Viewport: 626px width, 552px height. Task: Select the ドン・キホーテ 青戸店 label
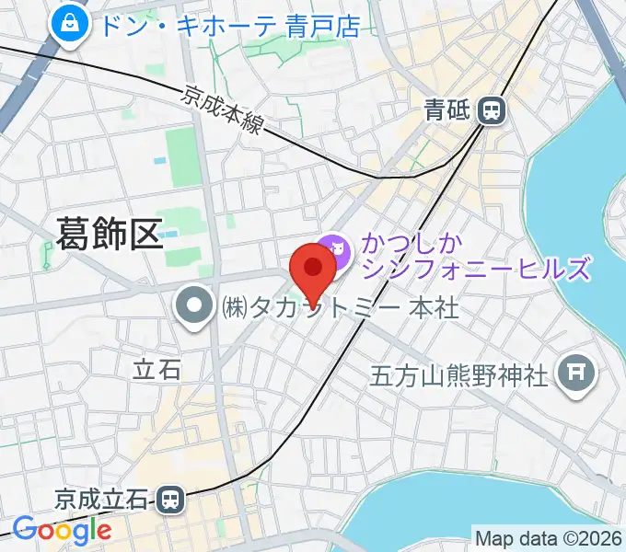coord(229,26)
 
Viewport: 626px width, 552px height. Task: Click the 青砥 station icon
coord(493,111)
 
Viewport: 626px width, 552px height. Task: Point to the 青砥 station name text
coord(447,111)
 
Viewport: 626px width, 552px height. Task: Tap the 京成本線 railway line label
coord(222,109)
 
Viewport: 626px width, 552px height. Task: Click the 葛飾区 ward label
coord(109,233)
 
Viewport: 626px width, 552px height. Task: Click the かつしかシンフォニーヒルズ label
coord(474,257)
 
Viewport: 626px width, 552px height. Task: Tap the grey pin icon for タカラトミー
coord(194,306)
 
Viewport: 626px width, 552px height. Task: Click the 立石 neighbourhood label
coord(156,370)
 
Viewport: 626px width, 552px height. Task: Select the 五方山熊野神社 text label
coord(459,374)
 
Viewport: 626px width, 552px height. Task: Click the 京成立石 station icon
coord(169,500)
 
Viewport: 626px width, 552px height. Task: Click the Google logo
coord(62,531)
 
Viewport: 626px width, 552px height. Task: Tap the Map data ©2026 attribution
coord(549,537)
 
